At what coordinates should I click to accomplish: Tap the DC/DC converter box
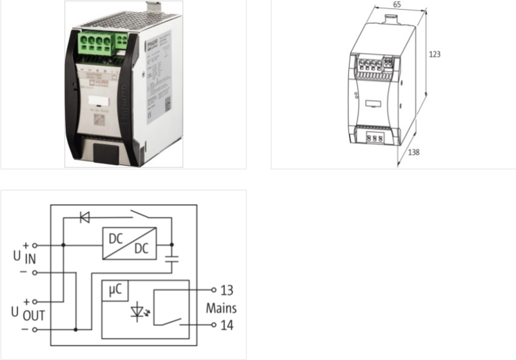tap(129, 244)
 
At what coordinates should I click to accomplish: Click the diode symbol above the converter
tap(84, 217)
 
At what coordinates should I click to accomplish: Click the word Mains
tap(221, 308)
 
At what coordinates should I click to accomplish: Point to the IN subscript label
tap(30, 259)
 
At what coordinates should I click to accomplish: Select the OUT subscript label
tap(33, 316)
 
